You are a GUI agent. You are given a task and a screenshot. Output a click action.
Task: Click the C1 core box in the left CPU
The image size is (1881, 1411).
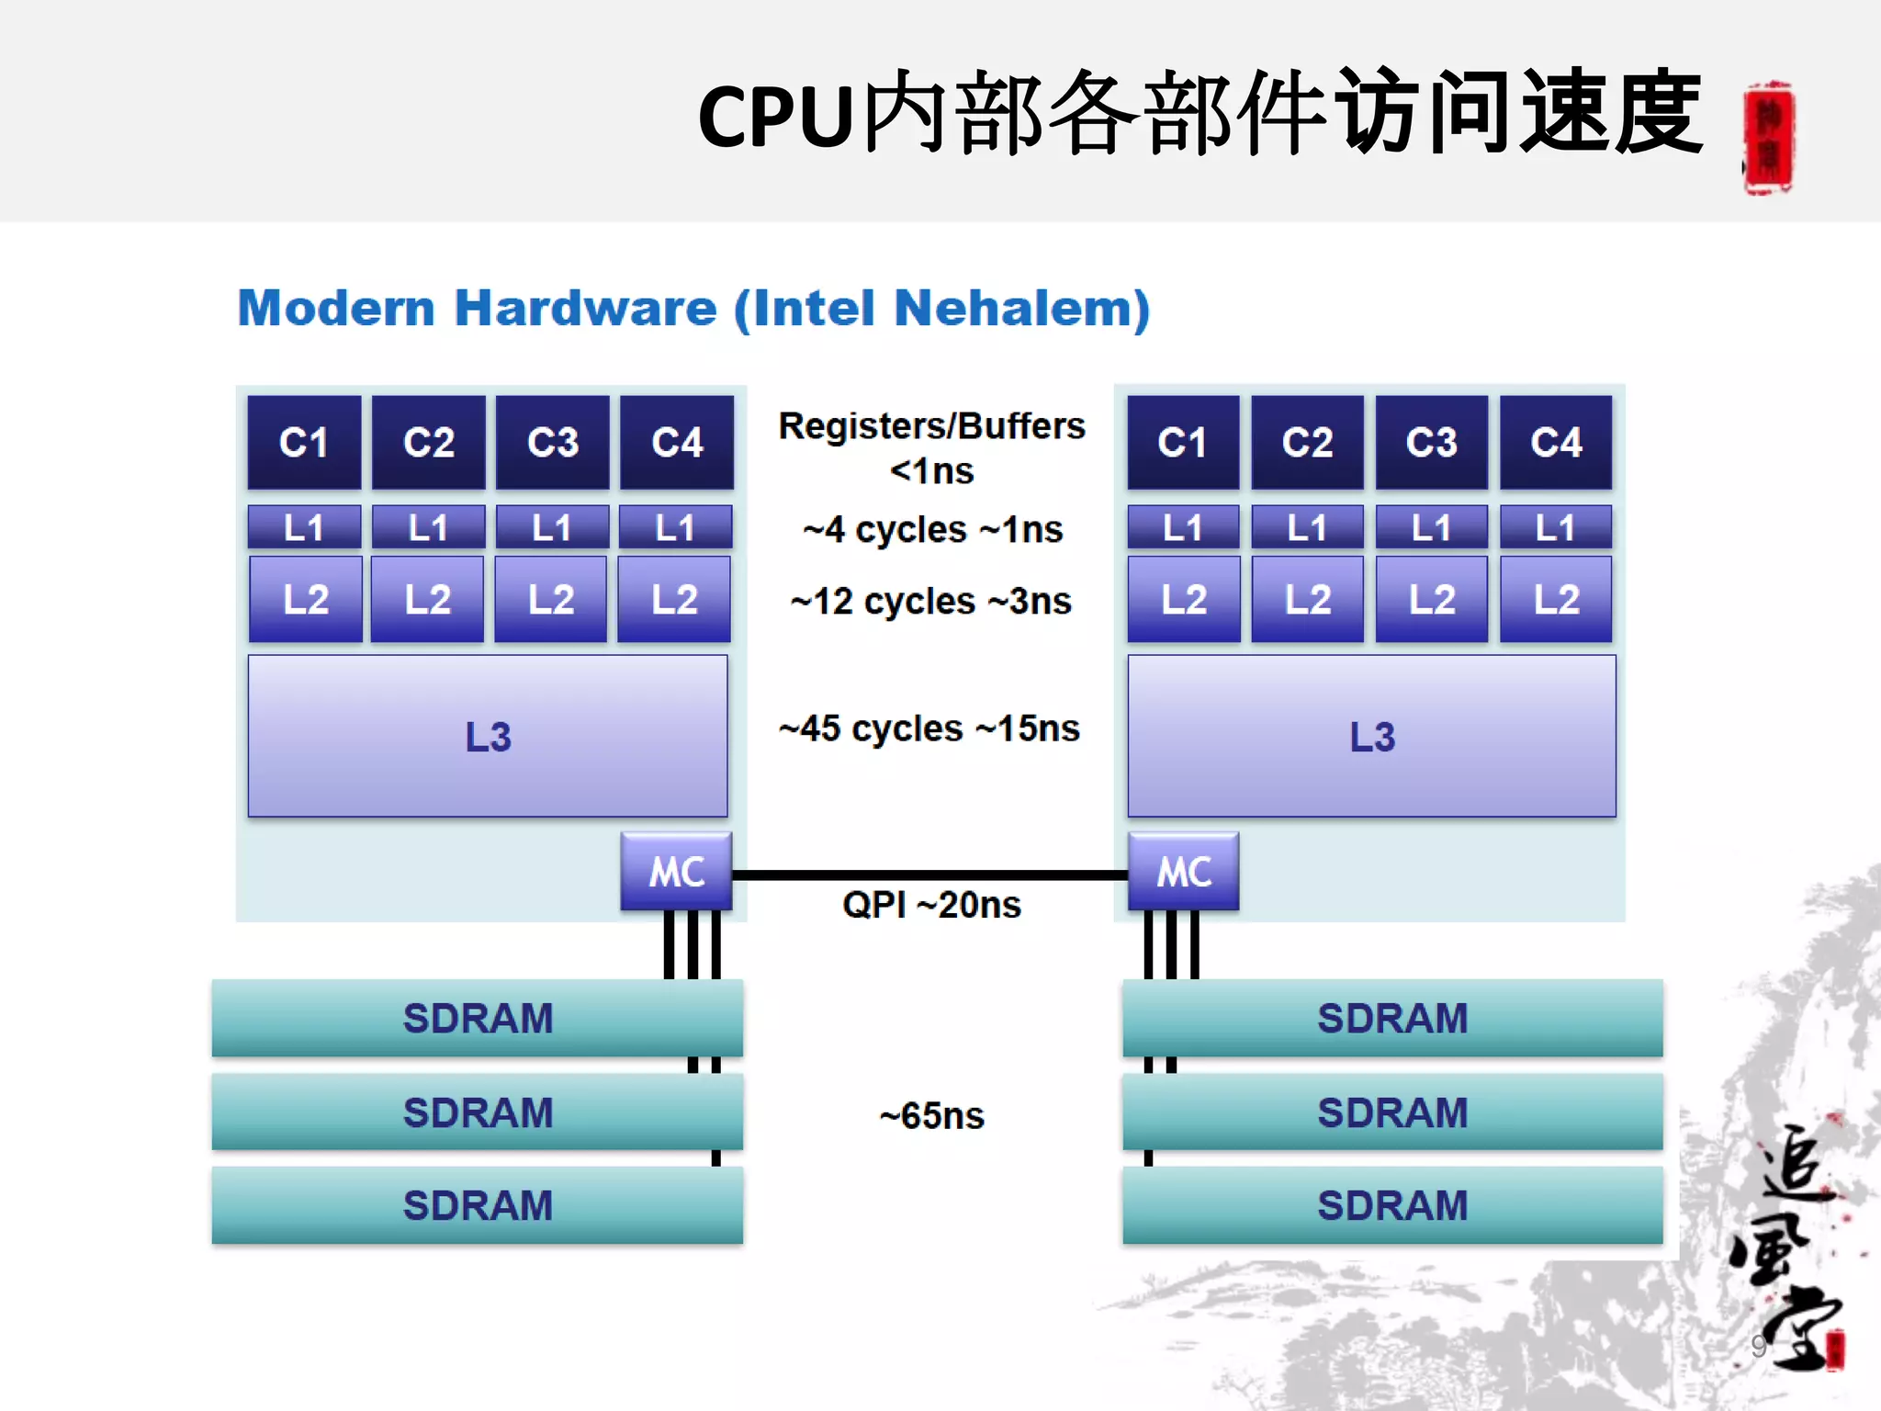pyautogui.click(x=304, y=443)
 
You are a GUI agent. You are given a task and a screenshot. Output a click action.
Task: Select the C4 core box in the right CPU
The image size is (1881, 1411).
pyautogui.click(x=1556, y=443)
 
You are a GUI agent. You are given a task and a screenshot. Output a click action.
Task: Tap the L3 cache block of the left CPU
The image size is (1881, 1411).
pyautogui.click(x=488, y=736)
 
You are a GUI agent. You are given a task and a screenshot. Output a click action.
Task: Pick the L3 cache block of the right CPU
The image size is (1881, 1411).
pyautogui.click(x=1371, y=736)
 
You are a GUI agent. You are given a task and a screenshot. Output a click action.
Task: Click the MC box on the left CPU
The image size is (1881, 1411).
pyautogui.click(x=677, y=871)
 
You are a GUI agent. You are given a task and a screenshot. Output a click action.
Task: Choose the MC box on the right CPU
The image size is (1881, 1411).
pyautogui.click(x=1183, y=871)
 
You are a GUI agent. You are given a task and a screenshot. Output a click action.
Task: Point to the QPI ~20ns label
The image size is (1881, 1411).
pyautogui.click(x=931, y=906)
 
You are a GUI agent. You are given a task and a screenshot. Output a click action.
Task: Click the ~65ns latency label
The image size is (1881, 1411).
pyautogui.click(x=931, y=1116)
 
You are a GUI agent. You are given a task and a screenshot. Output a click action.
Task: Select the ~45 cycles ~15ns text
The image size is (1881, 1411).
pyautogui.click(x=929, y=728)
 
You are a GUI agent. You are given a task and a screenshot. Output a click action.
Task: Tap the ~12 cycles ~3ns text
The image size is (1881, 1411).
pyautogui.click(x=930, y=602)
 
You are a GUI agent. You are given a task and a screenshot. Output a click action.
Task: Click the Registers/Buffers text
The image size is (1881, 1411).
pyautogui.click(x=931, y=426)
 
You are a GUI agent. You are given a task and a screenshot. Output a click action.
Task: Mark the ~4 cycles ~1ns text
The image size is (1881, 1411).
pyautogui.click(x=932, y=530)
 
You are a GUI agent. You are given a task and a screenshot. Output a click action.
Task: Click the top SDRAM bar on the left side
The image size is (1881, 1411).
pyautogui.click(x=478, y=1018)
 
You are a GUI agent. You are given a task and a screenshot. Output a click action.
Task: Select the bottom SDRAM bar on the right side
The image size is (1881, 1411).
pyautogui.click(x=1392, y=1205)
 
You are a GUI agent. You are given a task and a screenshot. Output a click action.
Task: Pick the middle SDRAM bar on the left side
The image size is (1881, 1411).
pyautogui.click(x=478, y=1112)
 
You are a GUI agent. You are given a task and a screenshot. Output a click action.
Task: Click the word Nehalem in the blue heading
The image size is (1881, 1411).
pyautogui.click(x=1020, y=309)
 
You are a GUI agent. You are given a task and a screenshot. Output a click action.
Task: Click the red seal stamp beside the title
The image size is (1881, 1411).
pyautogui.click(x=1769, y=138)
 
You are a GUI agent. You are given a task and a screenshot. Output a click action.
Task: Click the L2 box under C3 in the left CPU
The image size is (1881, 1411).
pyautogui.click(x=551, y=600)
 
